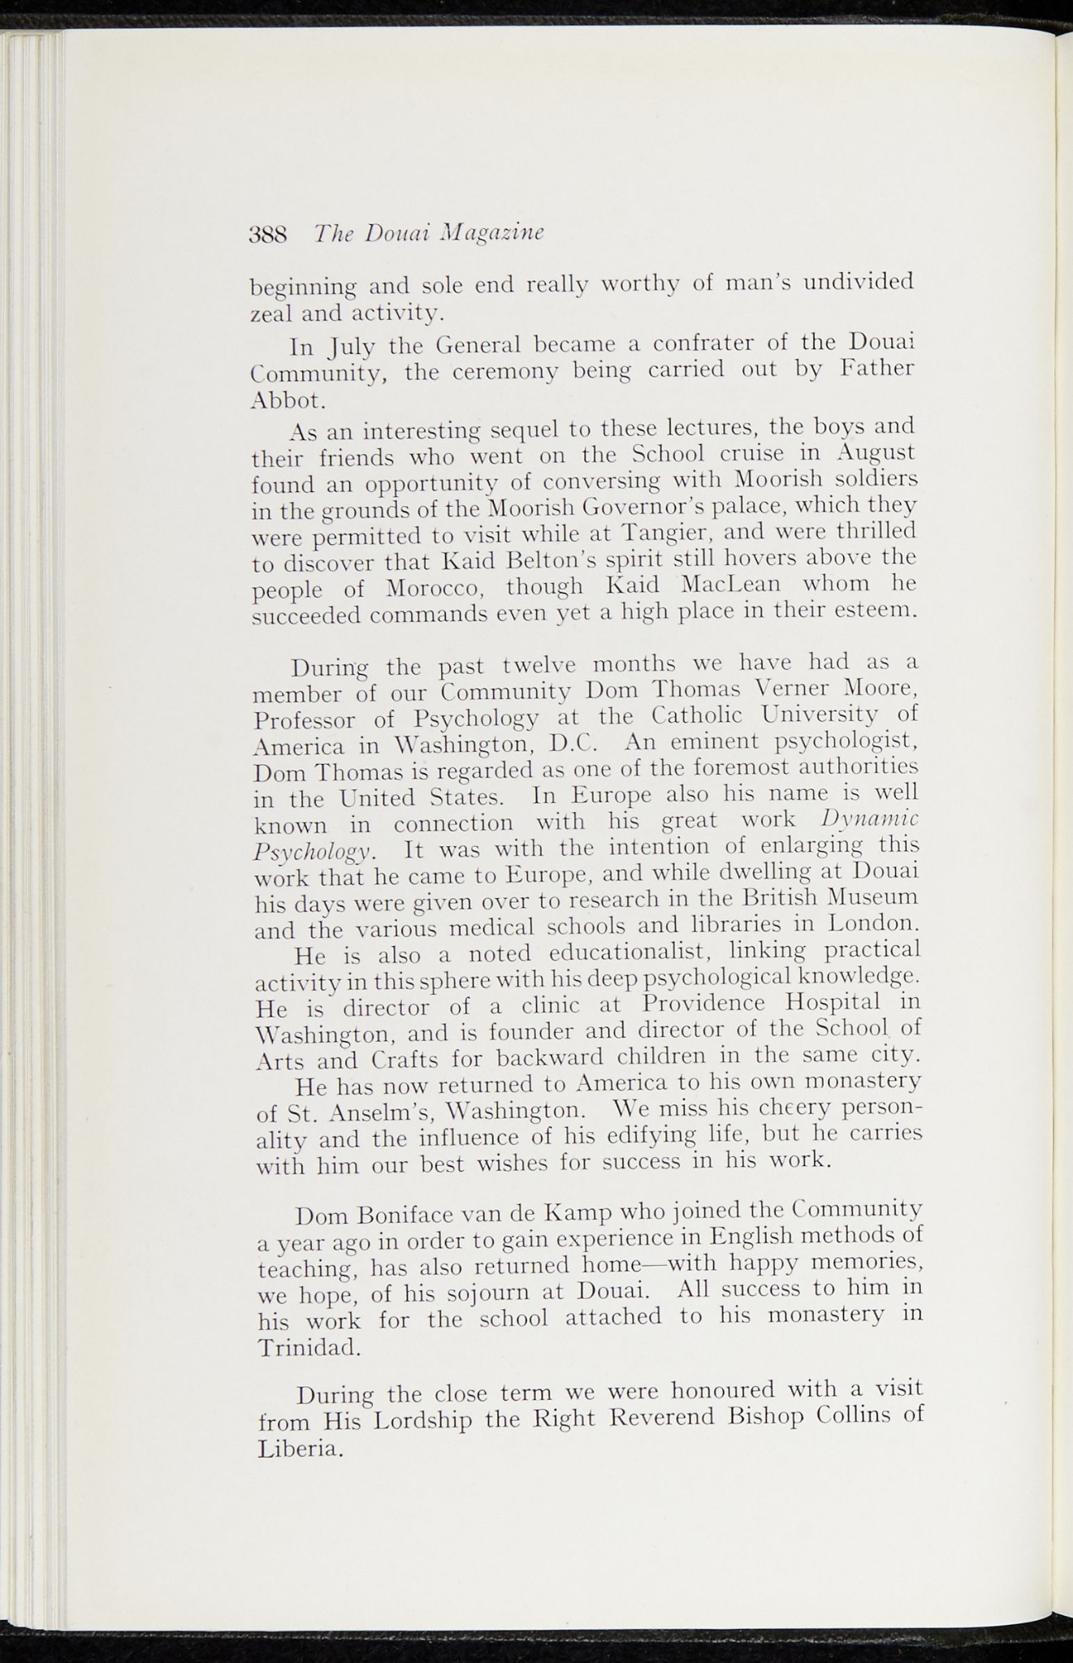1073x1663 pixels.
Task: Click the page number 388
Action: coord(268,235)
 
